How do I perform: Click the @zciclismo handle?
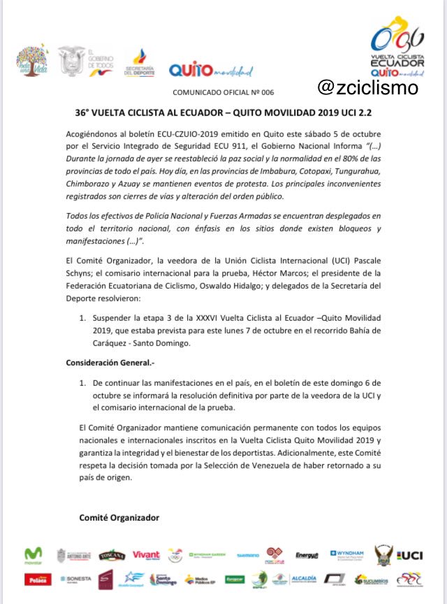367,87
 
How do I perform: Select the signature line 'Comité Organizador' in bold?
119,517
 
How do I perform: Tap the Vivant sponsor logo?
146,555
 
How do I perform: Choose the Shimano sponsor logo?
247,556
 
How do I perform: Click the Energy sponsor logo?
307,556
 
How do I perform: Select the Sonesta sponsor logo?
76,579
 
